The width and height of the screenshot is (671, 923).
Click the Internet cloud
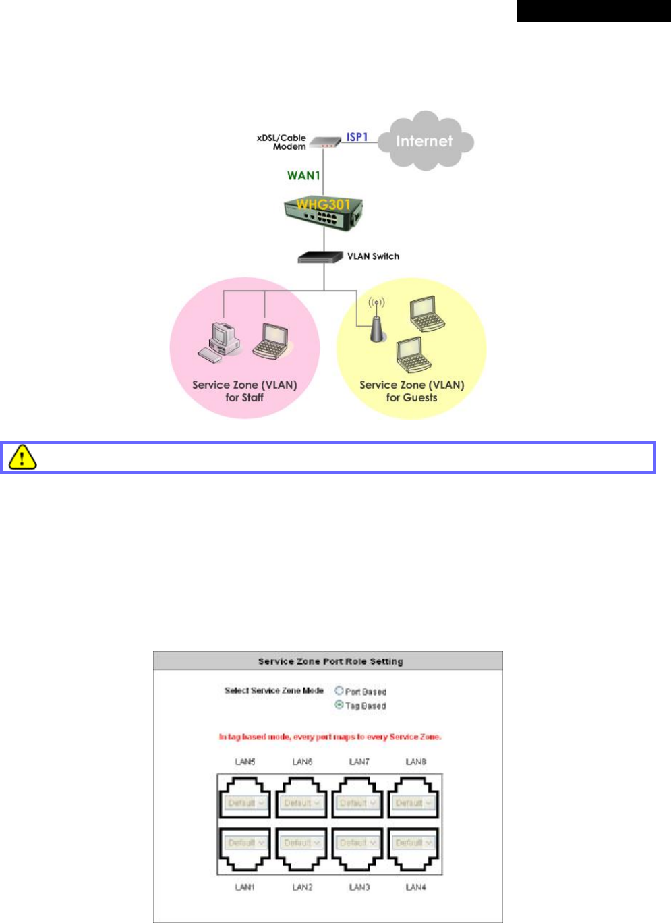[x=425, y=141]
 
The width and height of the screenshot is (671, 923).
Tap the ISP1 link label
[x=357, y=137]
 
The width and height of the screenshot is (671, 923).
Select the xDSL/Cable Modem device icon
[x=326, y=142]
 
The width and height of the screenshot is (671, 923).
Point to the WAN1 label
[x=303, y=175]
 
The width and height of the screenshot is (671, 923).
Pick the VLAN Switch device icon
[x=320, y=257]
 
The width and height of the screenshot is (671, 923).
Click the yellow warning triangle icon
[x=22, y=457]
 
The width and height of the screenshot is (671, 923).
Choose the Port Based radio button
[x=339, y=690]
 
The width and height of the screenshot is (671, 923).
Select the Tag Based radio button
[x=339, y=705]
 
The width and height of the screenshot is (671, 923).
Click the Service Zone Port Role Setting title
[x=330, y=661]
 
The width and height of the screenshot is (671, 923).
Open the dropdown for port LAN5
[x=245, y=803]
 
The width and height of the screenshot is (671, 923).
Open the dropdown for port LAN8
[x=414, y=803]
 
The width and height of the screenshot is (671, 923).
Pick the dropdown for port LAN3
[x=357, y=843]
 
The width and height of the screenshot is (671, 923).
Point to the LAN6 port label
[x=302, y=762]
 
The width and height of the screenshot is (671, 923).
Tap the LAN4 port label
[x=415, y=887]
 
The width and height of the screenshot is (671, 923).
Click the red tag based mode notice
[x=330, y=737]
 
